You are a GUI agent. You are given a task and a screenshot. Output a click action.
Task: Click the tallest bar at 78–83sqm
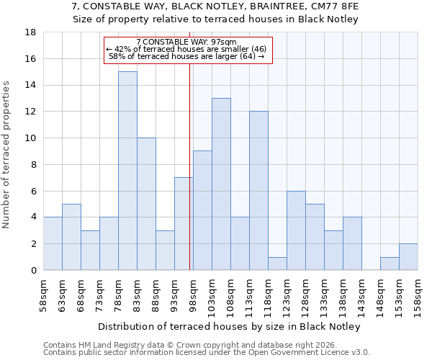127,171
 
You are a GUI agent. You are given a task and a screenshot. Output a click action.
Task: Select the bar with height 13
221,184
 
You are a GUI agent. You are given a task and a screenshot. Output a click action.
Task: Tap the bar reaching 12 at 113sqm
258,191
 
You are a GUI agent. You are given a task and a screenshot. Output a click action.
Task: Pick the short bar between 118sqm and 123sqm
277,264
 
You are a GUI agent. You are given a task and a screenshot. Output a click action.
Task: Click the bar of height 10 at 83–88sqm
146,204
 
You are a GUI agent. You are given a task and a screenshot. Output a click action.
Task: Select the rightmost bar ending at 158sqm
408,257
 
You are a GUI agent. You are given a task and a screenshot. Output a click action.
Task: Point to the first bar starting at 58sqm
53,243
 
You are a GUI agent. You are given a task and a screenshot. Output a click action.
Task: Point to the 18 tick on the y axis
31,32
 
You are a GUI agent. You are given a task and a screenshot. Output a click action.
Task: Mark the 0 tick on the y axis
33,270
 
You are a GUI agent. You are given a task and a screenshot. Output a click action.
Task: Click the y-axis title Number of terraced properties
6,155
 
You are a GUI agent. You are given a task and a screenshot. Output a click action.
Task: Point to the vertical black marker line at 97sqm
189,166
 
